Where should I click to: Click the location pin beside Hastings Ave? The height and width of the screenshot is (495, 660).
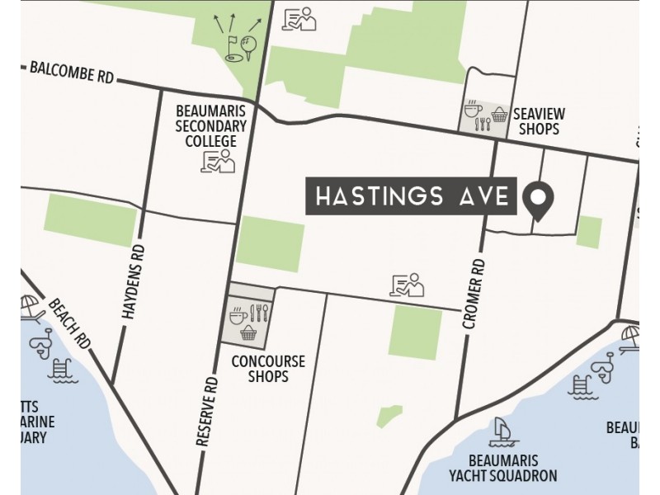pyautogui.click(x=539, y=199)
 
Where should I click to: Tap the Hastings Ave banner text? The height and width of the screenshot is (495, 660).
pyautogui.click(x=411, y=197)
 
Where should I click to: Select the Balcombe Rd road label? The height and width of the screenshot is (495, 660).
pyautogui.click(x=72, y=72)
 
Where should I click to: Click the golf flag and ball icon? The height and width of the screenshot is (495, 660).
pyautogui.click(x=237, y=47)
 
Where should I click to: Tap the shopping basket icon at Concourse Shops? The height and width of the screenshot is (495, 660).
pyautogui.click(x=247, y=332)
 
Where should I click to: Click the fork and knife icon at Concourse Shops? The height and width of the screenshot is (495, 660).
pyautogui.click(x=261, y=314)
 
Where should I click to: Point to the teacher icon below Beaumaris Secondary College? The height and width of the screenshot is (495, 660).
pyautogui.click(x=218, y=163)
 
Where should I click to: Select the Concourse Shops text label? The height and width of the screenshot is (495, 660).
pyautogui.click(x=268, y=369)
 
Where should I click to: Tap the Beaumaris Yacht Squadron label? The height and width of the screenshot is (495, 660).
pyautogui.click(x=503, y=467)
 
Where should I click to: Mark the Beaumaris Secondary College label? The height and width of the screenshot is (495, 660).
pyautogui.click(x=211, y=126)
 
